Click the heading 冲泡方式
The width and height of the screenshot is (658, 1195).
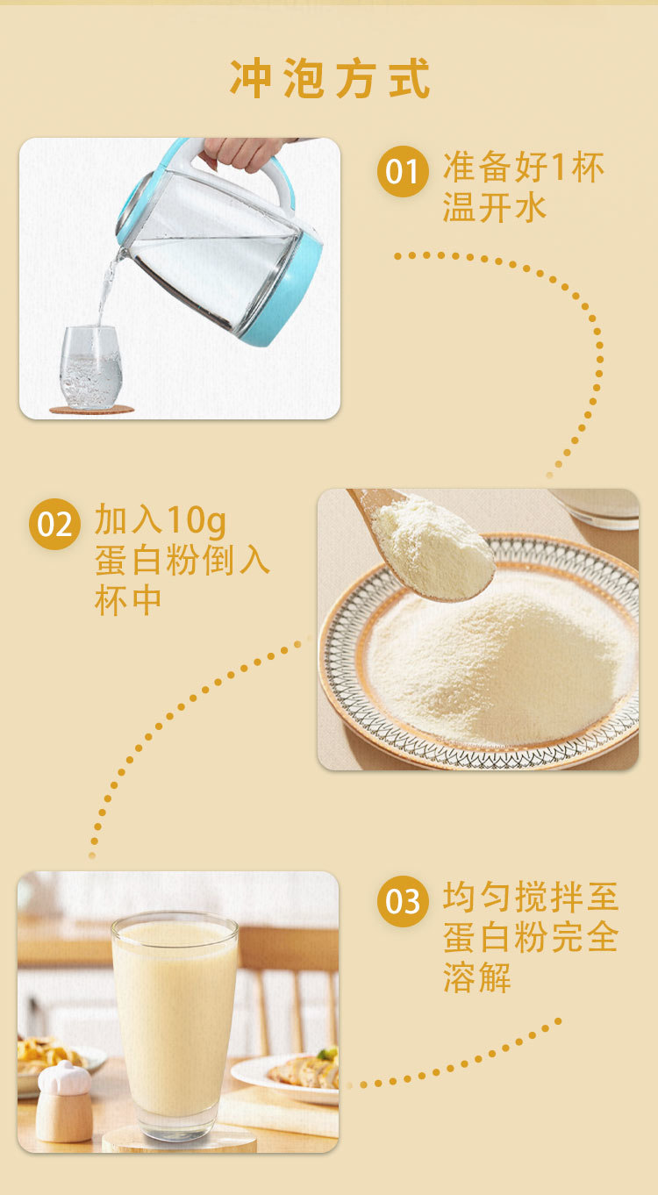[330, 78]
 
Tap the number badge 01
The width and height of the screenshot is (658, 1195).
[403, 171]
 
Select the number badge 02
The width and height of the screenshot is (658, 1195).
[54, 524]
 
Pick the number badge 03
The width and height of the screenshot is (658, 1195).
[403, 901]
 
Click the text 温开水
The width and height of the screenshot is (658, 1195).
[495, 208]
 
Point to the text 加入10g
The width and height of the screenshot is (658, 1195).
[160, 519]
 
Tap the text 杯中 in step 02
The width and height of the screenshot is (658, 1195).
[127, 600]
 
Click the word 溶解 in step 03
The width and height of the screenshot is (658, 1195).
[476, 977]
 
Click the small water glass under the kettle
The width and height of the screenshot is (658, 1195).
[90, 367]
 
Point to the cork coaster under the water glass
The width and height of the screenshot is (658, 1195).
[92, 410]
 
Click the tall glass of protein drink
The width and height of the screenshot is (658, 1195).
[175, 1025]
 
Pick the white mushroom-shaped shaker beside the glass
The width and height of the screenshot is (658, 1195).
[63, 1102]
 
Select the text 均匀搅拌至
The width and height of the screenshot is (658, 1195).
[531, 897]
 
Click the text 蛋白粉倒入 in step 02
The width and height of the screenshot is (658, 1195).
[182, 560]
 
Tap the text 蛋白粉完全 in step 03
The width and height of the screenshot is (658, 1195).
[531, 937]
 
